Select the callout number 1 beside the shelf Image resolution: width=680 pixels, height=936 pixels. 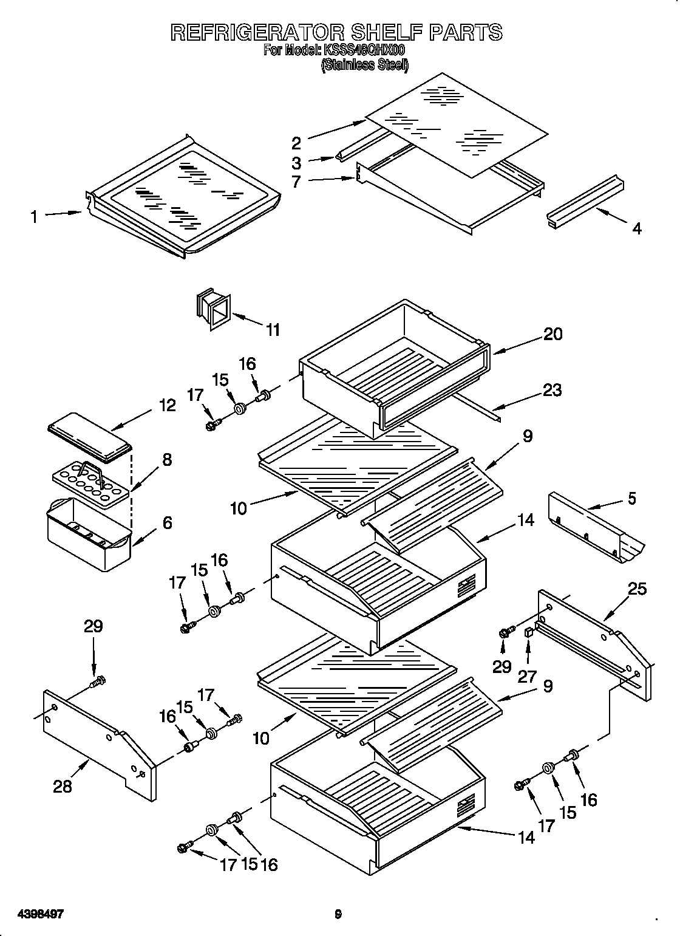pos(34,216)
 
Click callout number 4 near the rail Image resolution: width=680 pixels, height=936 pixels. pos(636,228)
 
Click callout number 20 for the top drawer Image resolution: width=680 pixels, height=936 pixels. pos(552,333)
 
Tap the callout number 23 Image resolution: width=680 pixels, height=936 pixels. pos(552,390)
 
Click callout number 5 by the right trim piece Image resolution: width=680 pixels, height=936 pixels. pos(632,499)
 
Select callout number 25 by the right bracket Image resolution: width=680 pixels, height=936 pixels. pos(637,589)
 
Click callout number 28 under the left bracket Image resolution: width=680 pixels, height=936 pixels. pos(63,786)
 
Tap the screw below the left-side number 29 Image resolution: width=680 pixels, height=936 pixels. pos(96,683)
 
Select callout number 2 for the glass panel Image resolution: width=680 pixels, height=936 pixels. pos(296,143)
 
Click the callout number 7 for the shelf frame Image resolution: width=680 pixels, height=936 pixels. pos(296,181)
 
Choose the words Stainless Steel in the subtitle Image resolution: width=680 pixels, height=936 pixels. pos(365,65)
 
